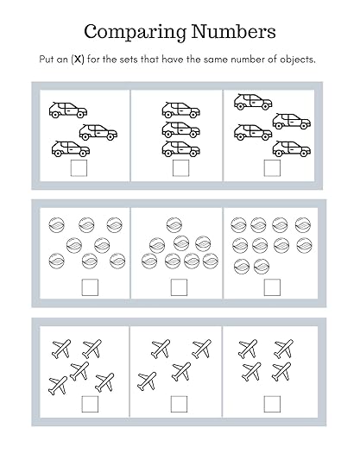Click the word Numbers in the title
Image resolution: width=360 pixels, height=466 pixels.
233,31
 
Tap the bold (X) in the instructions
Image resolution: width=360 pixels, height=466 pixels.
78,60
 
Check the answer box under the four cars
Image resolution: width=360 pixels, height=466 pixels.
272,168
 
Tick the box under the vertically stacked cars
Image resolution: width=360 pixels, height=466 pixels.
180,168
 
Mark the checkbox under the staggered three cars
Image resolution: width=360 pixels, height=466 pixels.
79,168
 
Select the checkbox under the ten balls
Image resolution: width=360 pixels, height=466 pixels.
272,287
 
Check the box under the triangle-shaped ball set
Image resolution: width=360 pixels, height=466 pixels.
179,287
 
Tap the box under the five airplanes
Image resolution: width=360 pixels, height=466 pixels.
90,404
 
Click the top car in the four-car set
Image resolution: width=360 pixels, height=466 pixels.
253,102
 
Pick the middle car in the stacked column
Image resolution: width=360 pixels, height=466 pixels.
181,129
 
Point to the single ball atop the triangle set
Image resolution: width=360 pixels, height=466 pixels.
174,225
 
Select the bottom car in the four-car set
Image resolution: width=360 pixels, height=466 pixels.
292,148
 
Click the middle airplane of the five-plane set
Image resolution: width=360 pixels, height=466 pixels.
79,370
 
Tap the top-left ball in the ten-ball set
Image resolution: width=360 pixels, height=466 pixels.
239,225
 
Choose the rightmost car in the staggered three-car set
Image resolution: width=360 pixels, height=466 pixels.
98,132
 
